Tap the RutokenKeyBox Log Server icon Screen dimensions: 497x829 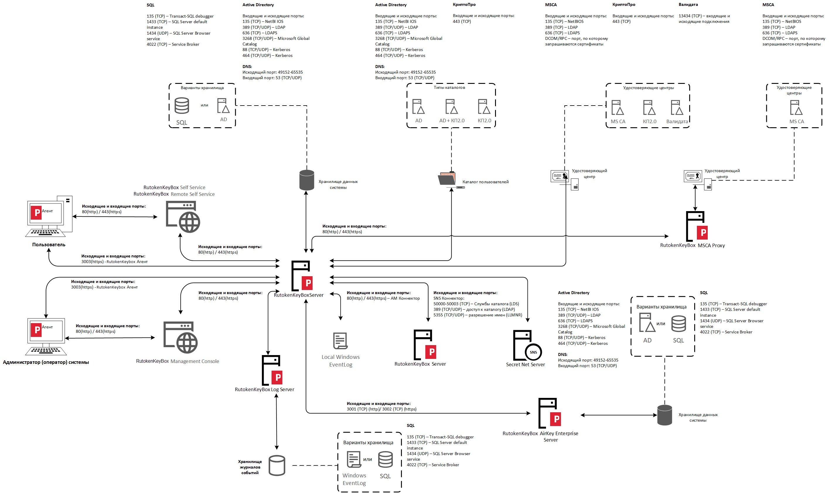click(x=272, y=370)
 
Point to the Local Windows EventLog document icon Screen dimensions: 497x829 click(x=340, y=341)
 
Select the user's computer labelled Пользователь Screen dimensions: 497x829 click(x=49, y=216)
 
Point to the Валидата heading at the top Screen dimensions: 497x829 click(x=688, y=5)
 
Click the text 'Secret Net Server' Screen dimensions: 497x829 click(x=525, y=364)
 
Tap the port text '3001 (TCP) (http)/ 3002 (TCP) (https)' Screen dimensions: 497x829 click(x=381, y=409)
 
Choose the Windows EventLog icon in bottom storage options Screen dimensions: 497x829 click(x=354, y=459)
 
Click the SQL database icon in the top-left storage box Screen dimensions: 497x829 click(x=182, y=106)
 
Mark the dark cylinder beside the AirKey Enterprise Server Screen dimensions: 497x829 click(x=664, y=415)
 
